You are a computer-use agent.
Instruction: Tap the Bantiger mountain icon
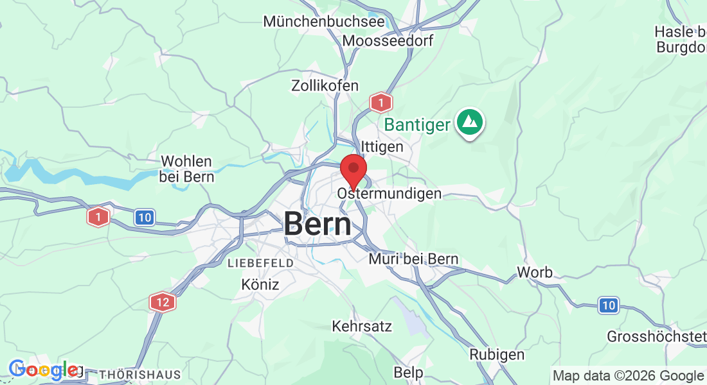coord(470,121)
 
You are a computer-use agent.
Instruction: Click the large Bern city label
coord(318,224)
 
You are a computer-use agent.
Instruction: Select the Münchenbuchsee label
coord(324,21)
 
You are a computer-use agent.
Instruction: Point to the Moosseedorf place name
coord(388,40)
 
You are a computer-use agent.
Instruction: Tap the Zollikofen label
coord(325,85)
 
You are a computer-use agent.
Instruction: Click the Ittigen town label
coord(382,147)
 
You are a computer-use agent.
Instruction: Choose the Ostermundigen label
coord(389,193)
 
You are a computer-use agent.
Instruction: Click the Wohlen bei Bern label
coord(187,169)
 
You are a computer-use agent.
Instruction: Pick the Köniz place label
coord(260,284)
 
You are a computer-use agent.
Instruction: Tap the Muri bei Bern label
coord(413,259)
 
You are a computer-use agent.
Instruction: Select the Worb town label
coord(535,273)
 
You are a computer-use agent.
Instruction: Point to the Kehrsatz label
coord(362,326)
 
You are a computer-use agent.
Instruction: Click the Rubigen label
coord(497,354)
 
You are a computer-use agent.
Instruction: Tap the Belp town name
coord(408,372)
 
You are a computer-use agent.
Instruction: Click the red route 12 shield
coord(162,302)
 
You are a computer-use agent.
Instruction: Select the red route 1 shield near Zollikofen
coord(381,102)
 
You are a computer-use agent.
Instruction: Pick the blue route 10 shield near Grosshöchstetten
coord(608,305)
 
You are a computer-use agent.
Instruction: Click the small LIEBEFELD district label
coord(260,263)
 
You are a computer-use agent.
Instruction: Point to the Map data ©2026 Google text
coord(628,376)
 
